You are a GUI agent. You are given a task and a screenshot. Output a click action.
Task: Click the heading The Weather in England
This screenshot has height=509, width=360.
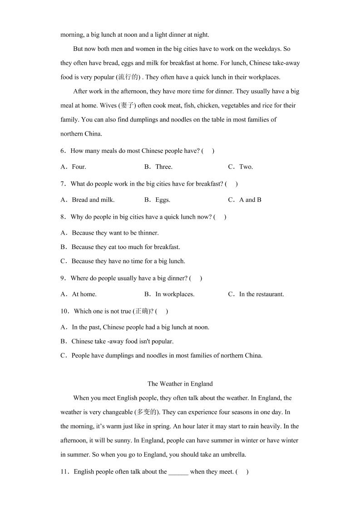[180, 384]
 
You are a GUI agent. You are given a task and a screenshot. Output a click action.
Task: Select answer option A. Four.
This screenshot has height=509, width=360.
[73, 167]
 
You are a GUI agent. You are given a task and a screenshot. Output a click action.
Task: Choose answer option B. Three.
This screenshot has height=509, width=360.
[158, 167]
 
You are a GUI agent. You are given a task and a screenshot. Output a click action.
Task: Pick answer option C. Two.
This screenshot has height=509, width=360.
[241, 167]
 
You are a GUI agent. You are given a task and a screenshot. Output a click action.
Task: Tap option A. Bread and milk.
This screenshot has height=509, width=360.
[88, 200]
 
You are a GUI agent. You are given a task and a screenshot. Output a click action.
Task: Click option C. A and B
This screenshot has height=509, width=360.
[245, 200]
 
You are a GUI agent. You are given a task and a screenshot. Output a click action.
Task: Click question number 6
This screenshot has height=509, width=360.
[63, 151]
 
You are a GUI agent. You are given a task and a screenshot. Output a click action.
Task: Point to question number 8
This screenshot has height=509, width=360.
[63, 217]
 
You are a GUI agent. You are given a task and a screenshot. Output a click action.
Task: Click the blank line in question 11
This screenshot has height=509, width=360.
[178, 472]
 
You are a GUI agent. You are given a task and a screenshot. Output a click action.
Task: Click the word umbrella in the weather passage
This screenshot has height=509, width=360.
[233, 455]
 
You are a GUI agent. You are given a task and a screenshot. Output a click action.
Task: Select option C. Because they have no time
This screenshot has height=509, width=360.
[123, 261]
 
